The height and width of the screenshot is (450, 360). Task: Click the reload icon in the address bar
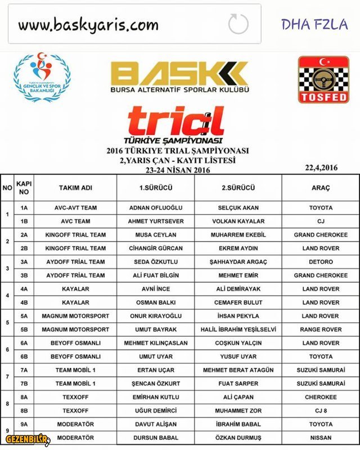(238, 24)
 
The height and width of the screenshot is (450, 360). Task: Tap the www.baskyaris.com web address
(88, 25)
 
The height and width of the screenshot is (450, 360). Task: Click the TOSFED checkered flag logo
(323, 79)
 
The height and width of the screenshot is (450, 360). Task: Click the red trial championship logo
(175, 121)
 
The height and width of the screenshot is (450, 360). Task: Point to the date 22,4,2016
(321, 167)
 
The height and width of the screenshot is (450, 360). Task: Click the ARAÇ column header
(321, 187)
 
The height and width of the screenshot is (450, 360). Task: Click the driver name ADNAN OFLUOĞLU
(156, 208)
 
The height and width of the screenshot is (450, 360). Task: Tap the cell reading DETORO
(321, 262)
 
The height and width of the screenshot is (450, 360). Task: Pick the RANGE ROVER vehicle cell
(321, 329)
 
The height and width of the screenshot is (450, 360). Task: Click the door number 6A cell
(24, 343)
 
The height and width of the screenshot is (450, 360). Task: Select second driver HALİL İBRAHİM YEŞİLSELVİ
(238, 329)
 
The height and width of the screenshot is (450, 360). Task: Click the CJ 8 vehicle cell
(321, 410)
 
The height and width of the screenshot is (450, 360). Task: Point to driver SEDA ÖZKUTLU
(156, 262)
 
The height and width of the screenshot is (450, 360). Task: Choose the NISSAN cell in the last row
(321, 437)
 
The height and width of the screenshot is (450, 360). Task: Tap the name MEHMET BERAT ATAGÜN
(238, 370)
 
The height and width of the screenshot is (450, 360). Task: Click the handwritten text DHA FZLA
(314, 24)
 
